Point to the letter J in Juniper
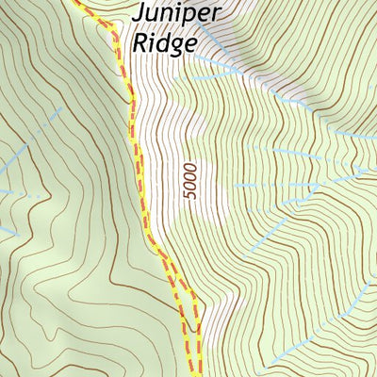click(x=139, y=14)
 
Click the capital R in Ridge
click(x=141, y=42)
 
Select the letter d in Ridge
click(x=162, y=42)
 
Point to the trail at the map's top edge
click(x=75, y=3)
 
